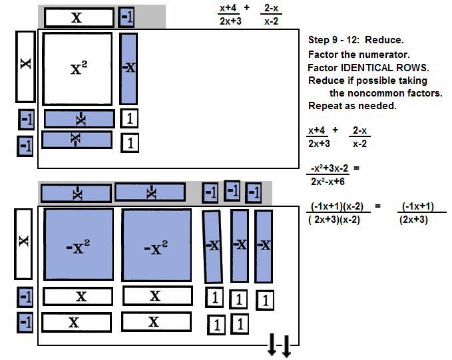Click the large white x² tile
tap(78, 67)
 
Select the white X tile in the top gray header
tap(78, 17)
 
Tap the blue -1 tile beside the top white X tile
tap(126, 17)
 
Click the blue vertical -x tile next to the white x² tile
tap(128, 67)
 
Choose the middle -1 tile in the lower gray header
tap(232, 191)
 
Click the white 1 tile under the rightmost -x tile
tap(265, 301)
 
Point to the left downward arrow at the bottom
tap(272, 345)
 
